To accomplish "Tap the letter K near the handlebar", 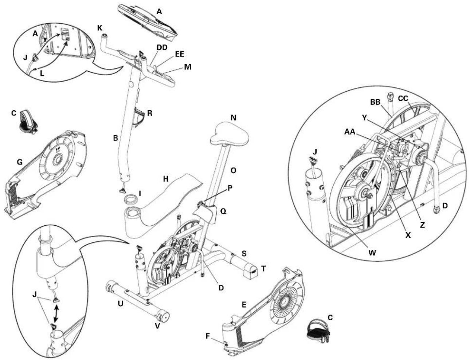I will click(x=100, y=28).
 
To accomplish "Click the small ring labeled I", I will click(x=132, y=199).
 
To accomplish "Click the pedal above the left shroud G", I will click(x=27, y=122).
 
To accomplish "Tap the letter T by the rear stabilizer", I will click(x=263, y=268).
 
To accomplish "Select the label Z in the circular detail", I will click(x=422, y=225).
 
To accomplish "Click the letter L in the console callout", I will click(x=42, y=73).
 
